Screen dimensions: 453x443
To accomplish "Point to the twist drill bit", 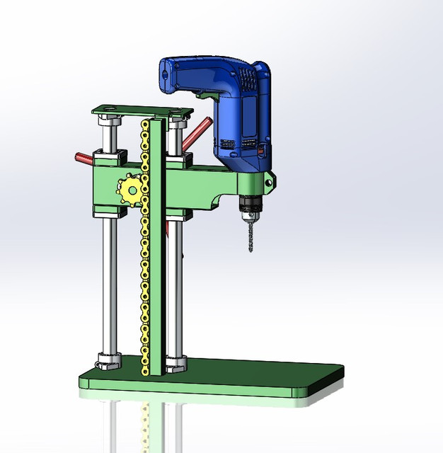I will coord(249,234).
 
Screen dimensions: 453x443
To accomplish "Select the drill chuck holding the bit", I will coord(249,205).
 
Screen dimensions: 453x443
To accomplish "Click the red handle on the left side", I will coord(83,156).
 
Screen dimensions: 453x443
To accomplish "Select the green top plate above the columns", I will coord(142,112).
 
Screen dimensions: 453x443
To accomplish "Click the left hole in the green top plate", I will coord(108,110).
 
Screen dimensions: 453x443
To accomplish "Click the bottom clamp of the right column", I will coord(176,364).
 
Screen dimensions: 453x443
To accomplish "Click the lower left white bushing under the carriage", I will coord(105,213).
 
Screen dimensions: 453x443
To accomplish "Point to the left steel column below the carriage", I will coord(108,283).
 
